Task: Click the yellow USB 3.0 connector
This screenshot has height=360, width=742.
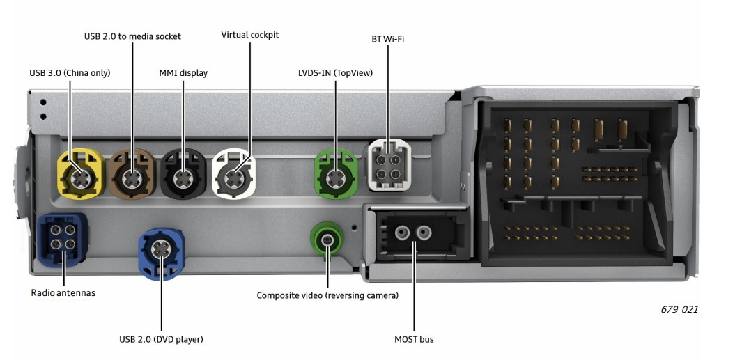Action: pos(80,173)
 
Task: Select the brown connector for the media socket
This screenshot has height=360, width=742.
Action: pos(132,173)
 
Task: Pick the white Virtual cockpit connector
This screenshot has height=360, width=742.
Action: pos(234,173)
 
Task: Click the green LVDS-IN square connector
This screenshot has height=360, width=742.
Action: pos(336,173)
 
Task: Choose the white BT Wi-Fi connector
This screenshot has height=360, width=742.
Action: pos(389,166)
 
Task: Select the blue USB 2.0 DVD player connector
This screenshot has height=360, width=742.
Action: pos(162,253)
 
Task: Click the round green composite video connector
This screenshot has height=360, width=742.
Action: pos(327,241)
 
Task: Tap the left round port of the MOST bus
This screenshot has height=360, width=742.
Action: pos(402,233)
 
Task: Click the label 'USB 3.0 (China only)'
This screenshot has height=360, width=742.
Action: pos(70,73)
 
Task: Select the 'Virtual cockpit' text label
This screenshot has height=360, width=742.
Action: pos(250,35)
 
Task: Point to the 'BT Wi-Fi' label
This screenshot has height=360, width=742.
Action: pos(388,39)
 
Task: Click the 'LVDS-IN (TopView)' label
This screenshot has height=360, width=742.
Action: pos(335,73)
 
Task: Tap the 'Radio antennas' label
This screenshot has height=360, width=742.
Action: pos(63,293)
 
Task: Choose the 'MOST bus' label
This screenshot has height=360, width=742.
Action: pos(414,339)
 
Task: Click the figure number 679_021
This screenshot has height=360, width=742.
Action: pos(679,309)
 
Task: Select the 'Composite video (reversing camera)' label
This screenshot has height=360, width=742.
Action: pos(327,296)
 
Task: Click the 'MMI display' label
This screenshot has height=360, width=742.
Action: pos(183,73)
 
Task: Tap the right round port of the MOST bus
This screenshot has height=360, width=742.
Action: pos(424,233)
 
